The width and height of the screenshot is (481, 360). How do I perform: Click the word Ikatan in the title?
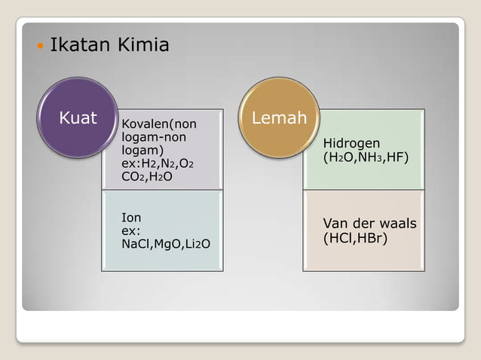[x=74, y=46]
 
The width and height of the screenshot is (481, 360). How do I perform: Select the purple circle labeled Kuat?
[x=78, y=118]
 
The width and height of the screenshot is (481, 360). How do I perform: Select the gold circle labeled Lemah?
[x=279, y=118]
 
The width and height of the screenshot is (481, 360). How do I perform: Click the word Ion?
[x=131, y=218]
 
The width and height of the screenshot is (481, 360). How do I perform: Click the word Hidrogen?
[x=351, y=143]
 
